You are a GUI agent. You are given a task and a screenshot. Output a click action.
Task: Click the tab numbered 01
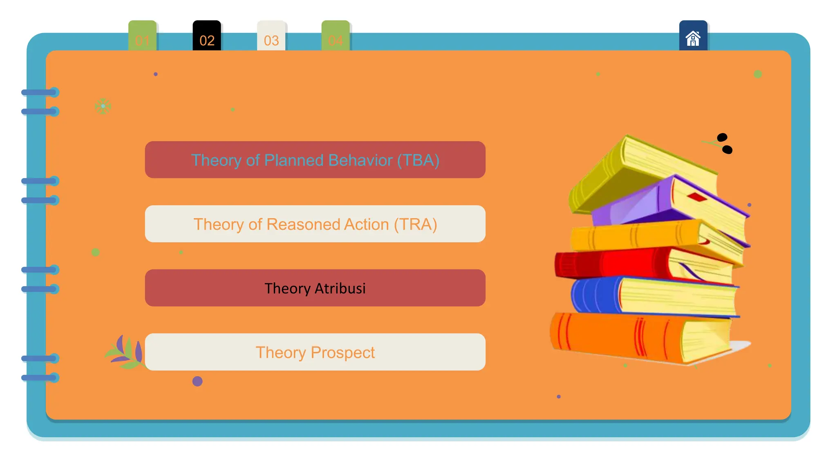(x=142, y=37)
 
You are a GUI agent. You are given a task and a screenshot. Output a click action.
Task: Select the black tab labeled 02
(x=207, y=37)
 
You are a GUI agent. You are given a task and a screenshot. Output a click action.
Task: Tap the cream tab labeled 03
(x=271, y=37)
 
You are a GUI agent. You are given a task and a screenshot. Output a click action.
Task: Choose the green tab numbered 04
(x=336, y=37)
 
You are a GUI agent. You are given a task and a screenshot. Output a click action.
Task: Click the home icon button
(x=693, y=38)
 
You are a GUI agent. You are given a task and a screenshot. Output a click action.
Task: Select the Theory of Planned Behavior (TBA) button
(x=315, y=160)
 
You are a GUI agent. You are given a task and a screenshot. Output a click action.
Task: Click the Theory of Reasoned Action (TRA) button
(x=315, y=224)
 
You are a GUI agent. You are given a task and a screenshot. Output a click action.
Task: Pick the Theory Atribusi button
(x=315, y=288)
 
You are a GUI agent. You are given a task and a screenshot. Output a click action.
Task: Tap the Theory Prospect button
(x=315, y=352)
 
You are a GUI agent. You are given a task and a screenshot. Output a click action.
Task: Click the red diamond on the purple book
(x=697, y=197)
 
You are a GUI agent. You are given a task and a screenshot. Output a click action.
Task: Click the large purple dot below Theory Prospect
(x=197, y=381)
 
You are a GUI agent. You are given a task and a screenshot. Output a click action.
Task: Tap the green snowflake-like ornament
(x=103, y=106)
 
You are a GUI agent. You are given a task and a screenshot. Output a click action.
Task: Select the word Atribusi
(x=340, y=288)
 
